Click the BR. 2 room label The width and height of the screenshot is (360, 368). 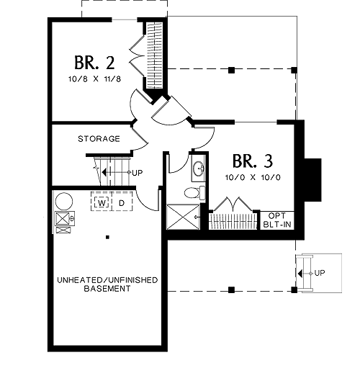coord(94,63)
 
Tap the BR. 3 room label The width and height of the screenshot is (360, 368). coord(253,161)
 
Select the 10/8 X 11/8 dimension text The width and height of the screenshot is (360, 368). coord(94,79)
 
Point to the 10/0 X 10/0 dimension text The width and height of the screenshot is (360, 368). coord(253,177)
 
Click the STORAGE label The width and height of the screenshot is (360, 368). coord(99,139)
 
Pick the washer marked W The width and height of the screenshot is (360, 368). coord(102,203)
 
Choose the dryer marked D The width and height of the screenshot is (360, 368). coord(122,203)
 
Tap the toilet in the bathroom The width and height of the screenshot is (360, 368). coord(194,192)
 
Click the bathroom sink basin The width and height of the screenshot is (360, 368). coord(199,168)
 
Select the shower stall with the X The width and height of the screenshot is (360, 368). coord(183,217)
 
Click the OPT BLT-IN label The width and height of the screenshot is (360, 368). coord(277,220)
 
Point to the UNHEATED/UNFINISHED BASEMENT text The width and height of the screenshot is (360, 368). coord(107,284)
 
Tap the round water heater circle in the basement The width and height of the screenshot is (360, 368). coord(64,201)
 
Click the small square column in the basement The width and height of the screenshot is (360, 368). coord(107,237)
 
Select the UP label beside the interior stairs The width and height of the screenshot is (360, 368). coord(138,173)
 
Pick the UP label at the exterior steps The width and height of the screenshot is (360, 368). coord(320,273)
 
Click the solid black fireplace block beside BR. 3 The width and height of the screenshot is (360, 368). coord(313,180)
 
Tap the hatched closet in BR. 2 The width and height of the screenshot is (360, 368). coord(155,55)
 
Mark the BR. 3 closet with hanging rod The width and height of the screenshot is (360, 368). coord(233,221)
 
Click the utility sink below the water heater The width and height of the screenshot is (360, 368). coord(65,218)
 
